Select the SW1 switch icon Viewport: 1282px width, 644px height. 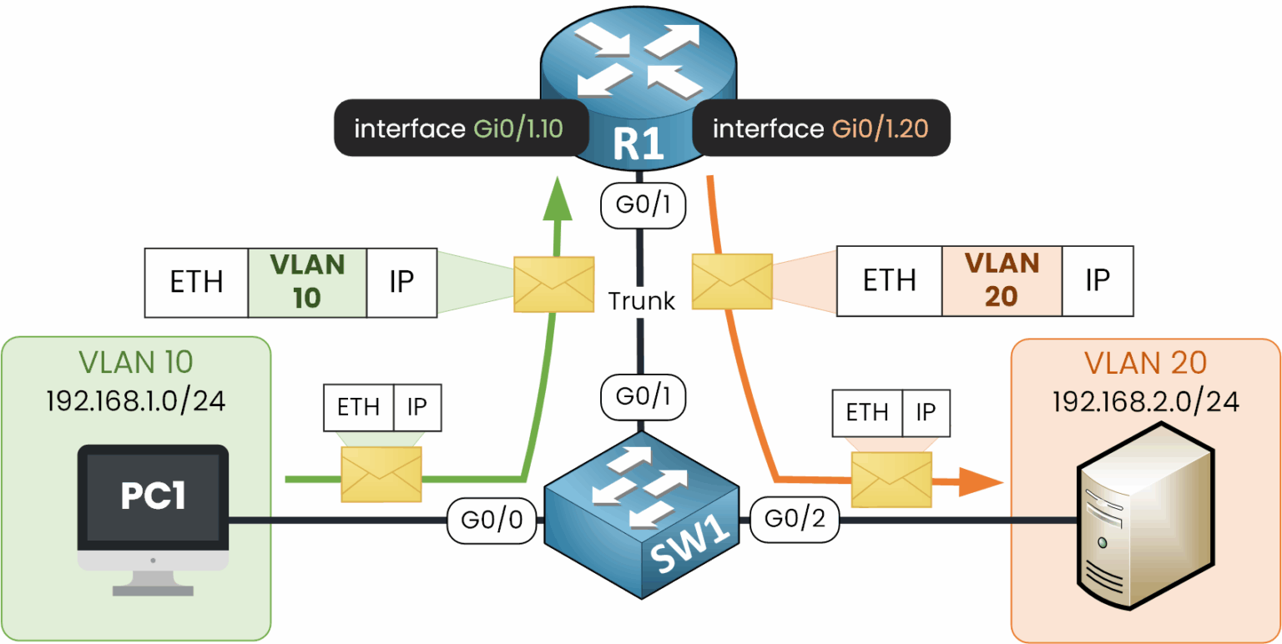[641, 517]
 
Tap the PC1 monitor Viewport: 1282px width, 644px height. [153, 501]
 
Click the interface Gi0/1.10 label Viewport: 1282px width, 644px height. [460, 128]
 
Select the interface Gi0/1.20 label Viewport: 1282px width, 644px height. [821, 128]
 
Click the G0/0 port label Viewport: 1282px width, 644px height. [490, 521]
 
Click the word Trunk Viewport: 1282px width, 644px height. [641, 300]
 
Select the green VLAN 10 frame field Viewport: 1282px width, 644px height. [307, 282]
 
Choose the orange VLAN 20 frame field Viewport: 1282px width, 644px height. [1002, 281]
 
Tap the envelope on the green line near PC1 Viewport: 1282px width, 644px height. [381, 474]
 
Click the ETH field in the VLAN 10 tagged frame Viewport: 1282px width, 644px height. [196, 282]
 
